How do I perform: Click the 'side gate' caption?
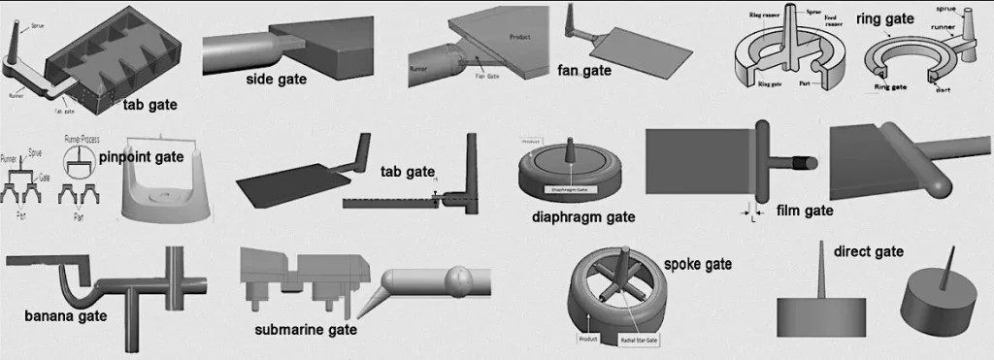tap(277, 80)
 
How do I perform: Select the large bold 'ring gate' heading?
tap(884, 17)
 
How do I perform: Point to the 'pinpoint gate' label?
tap(141, 156)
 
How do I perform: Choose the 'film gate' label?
tap(806, 210)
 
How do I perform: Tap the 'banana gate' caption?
tap(65, 315)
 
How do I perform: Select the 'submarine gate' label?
tap(306, 330)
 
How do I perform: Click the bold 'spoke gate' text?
tap(697, 263)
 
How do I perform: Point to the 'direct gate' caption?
tap(869, 251)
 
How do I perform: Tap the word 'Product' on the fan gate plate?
tap(519, 36)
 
